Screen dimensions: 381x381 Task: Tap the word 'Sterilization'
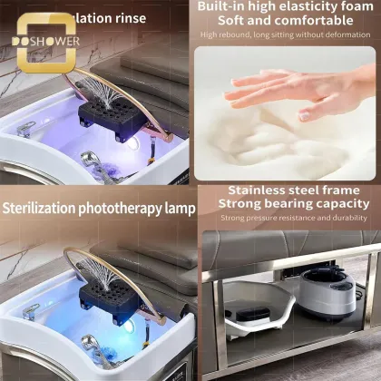click(x=43, y=209)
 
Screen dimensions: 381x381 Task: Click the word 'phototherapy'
click(x=123, y=209)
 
